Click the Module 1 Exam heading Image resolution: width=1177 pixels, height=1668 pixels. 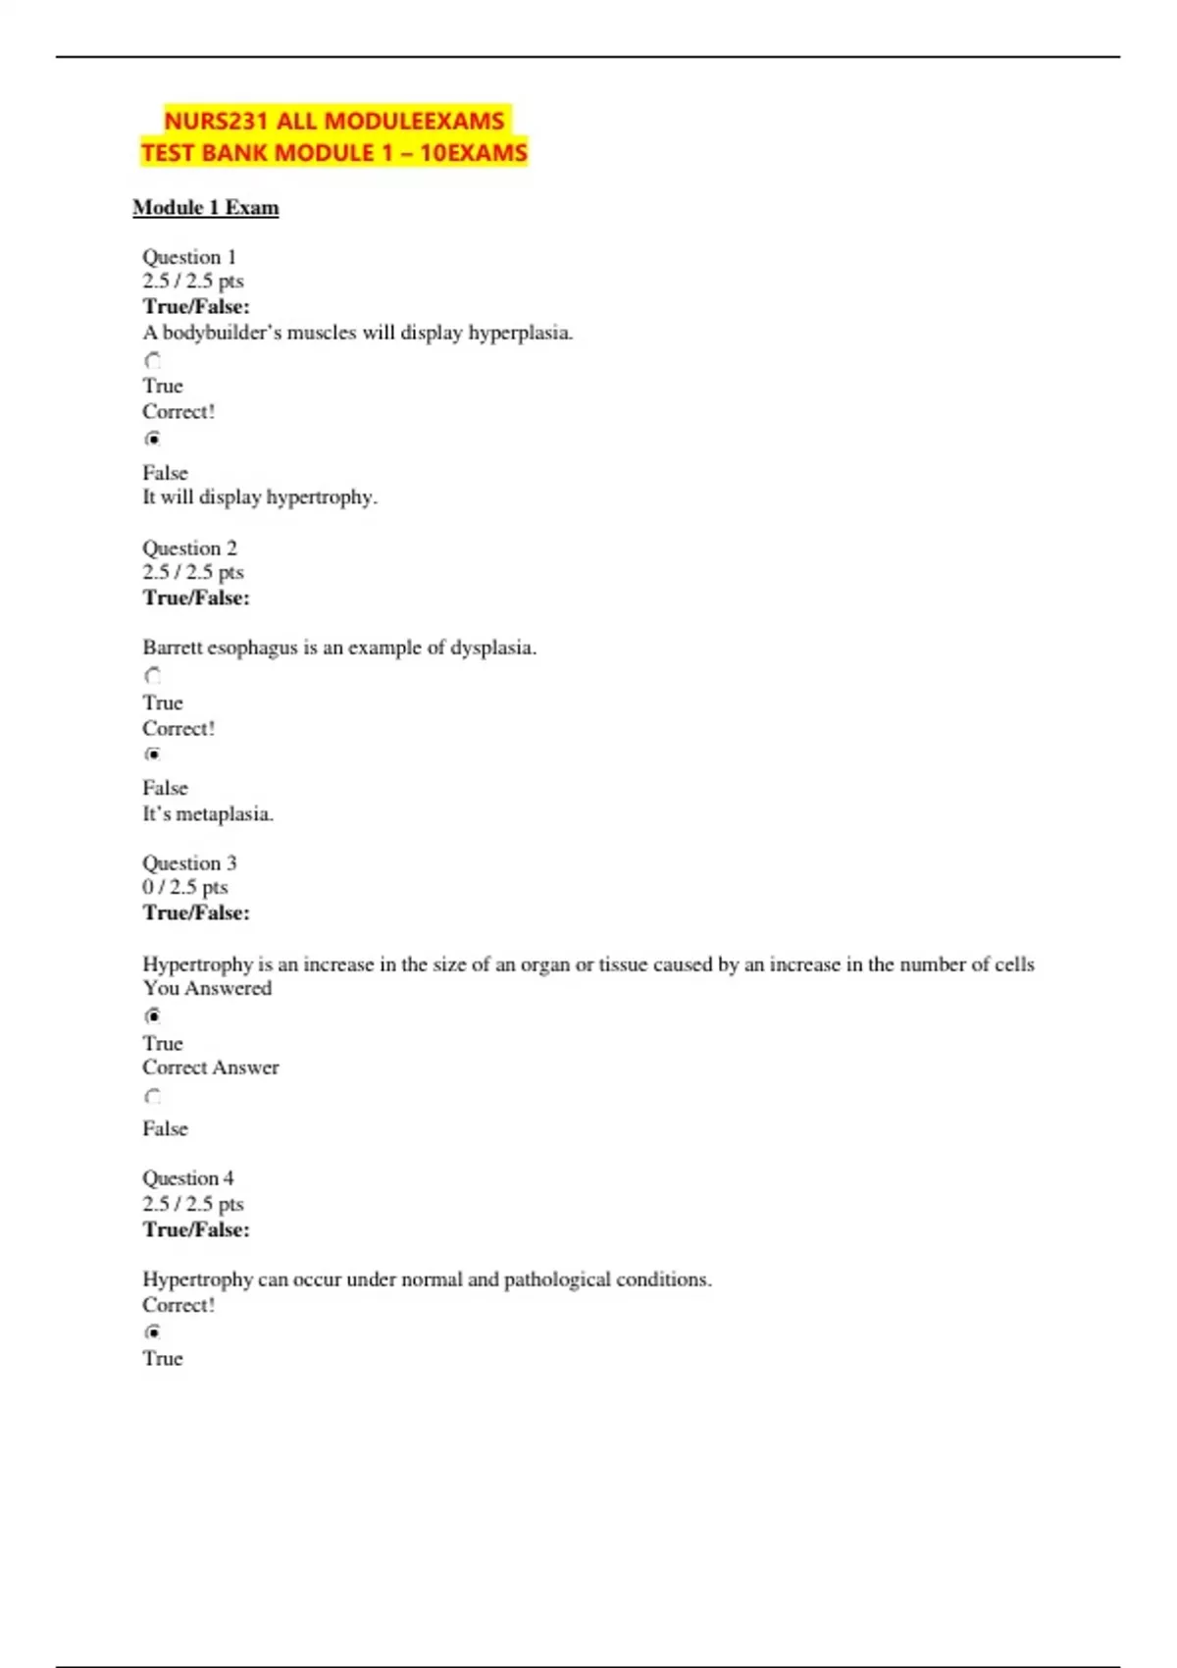tap(206, 208)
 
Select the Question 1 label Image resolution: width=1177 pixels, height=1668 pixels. tap(189, 257)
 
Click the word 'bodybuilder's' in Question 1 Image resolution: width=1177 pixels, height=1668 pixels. tap(222, 333)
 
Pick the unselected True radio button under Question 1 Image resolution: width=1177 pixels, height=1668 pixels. tap(153, 360)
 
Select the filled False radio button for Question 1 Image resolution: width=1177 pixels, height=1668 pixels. tap(153, 439)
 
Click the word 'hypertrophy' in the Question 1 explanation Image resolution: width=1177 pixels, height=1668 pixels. tap(321, 497)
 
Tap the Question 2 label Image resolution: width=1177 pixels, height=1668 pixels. tap(189, 548)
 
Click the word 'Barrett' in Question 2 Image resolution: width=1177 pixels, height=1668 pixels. tap(173, 648)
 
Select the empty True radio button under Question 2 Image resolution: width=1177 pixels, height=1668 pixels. tap(153, 675)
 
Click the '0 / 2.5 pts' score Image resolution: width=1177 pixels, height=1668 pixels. tap(185, 887)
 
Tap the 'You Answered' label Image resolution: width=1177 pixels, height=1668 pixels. tap(207, 989)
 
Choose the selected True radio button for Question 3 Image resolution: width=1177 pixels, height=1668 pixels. tap(153, 1016)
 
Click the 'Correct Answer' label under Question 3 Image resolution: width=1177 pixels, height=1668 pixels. tap(211, 1068)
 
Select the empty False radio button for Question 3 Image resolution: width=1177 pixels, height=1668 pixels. tap(153, 1096)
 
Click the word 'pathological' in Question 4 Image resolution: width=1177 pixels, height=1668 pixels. tap(556, 1279)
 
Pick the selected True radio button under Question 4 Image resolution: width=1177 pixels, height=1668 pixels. tap(153, 1331)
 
